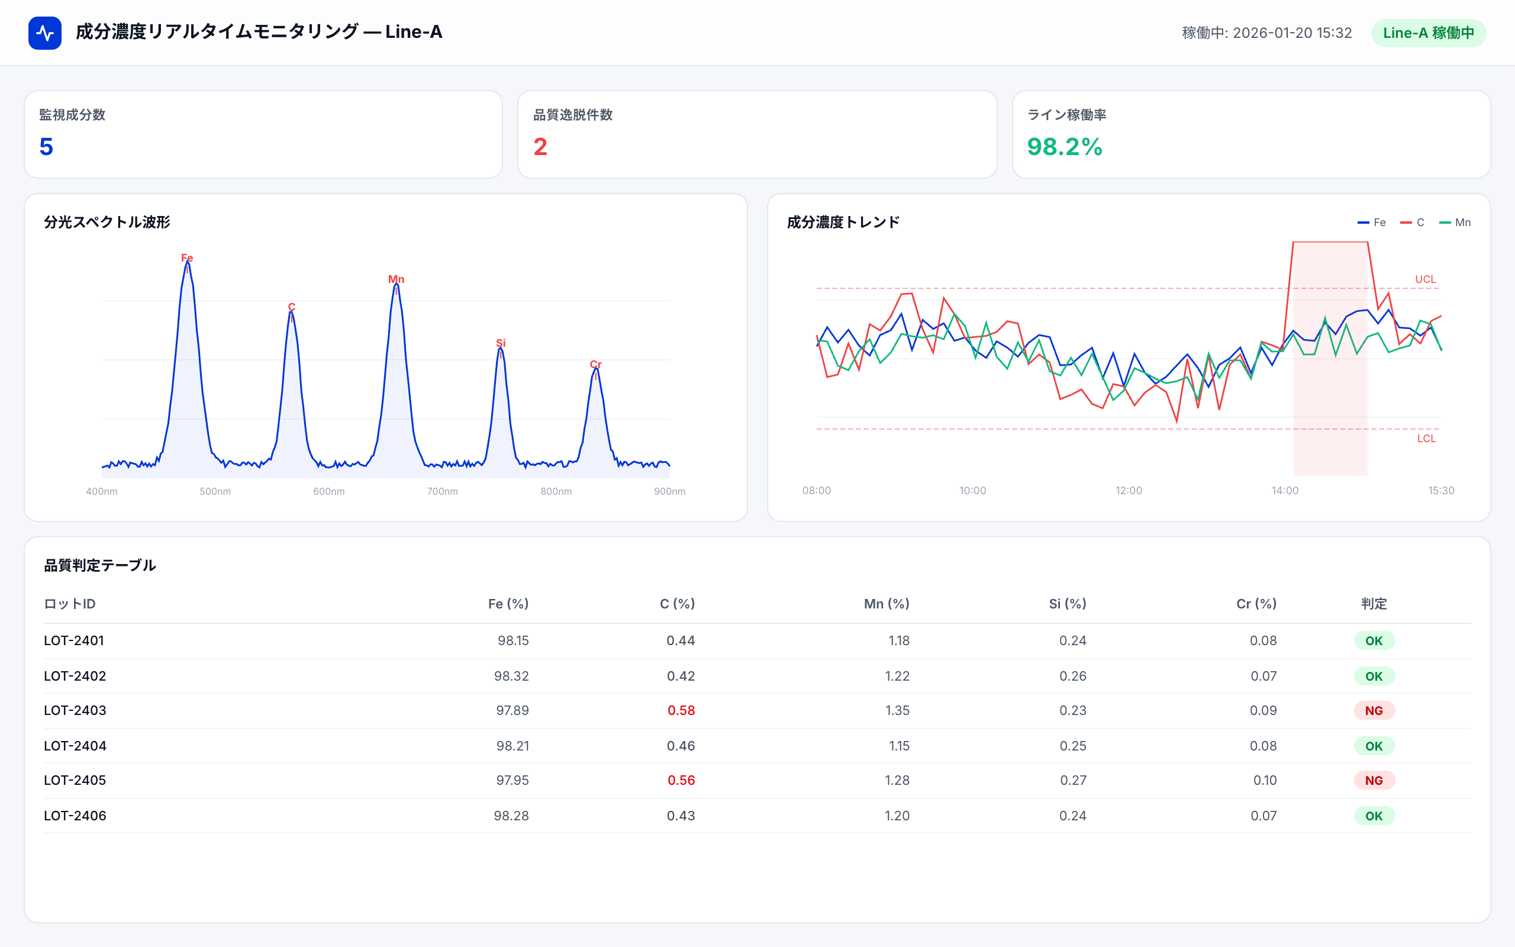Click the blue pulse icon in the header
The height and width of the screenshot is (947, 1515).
[x=44, y=33]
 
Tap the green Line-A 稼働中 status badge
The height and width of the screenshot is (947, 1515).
[x=1428, y=33]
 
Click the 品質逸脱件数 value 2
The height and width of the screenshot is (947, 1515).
[x=540, y=147]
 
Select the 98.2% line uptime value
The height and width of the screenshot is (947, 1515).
[x=1064, y=147]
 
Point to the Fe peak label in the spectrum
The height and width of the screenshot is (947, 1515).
[x=186, y=258]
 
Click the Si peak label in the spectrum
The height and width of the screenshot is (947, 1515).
[x=500, y=343]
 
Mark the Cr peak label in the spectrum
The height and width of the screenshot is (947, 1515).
[x=595, y=365]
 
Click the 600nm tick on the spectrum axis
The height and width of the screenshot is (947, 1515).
[x=328, y=492]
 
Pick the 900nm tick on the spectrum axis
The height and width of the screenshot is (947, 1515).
[x=669, y=492]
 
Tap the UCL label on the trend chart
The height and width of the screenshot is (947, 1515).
[x=1425, y=279]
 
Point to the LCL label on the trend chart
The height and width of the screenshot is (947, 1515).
[x=1426, y=439]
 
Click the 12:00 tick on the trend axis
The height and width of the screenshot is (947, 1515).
[x=1129, y=491]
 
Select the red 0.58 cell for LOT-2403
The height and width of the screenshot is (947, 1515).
[x=681, y=710]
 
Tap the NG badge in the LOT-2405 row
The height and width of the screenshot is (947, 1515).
[x=1374, y=781]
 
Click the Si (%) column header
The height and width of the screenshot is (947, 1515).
[x=1068, y=604]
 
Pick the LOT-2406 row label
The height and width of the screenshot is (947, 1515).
[x=75, y=816]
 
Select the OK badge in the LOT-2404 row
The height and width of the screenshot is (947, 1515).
[x=1374, y=746]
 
